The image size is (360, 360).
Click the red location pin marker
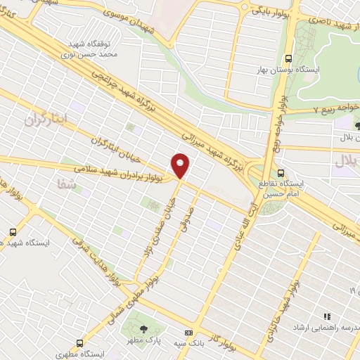point(181,166)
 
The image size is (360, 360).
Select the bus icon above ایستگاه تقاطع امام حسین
point(281,172)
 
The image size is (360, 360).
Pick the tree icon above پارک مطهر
point(144,328)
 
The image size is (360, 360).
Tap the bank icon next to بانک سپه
point(188,331)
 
